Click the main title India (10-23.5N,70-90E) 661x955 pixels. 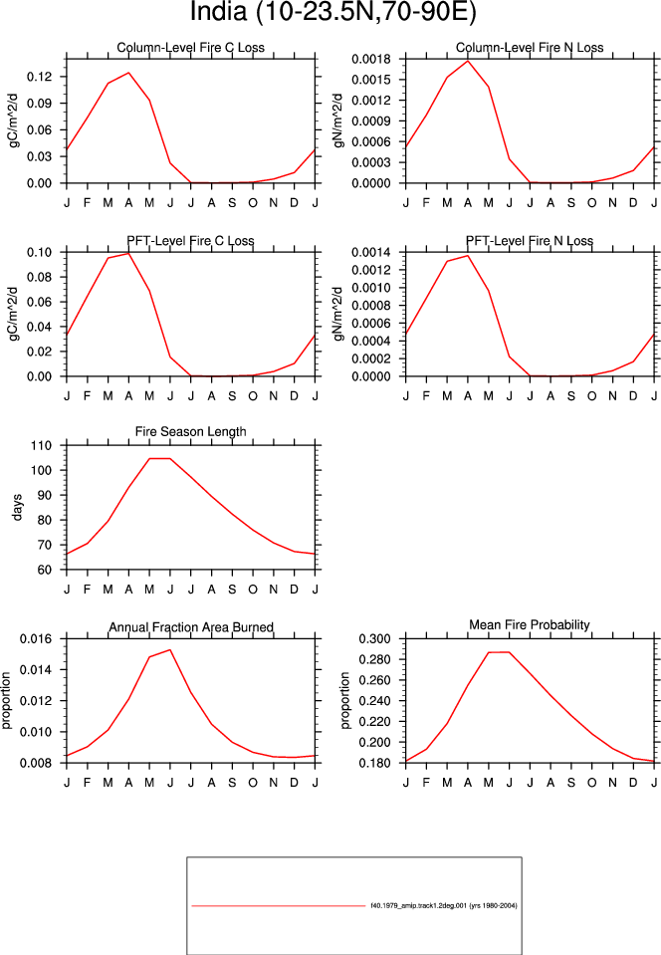pos(332,12)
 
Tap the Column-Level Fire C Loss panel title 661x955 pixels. pos(190,48)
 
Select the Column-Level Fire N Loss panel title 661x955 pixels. pos(530,48)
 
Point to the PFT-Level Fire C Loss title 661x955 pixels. pos(190,241)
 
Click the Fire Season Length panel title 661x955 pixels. pos(190,432)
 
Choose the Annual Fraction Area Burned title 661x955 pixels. pos(191,627)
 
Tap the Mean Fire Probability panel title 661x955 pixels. pos(530,625)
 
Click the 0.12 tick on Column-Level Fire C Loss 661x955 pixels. pos(40,77)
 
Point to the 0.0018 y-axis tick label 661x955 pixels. pos(370,59)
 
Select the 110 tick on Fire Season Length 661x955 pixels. pos(42,445)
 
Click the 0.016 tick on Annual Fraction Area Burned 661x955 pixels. pos(37,639)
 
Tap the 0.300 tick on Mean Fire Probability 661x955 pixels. pos(374,639)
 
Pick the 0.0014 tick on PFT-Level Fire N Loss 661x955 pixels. pos(370,252)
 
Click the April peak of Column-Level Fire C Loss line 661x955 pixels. pos(128,73)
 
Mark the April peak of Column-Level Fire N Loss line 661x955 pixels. pos(468,61)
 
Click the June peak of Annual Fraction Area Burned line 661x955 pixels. pos(170,650)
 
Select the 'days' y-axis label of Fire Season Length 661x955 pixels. pos(17,507)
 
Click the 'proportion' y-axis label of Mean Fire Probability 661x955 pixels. pos(345,700)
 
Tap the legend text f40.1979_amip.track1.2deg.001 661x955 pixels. pos(419,905)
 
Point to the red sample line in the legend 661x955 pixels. pos(278,905)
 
